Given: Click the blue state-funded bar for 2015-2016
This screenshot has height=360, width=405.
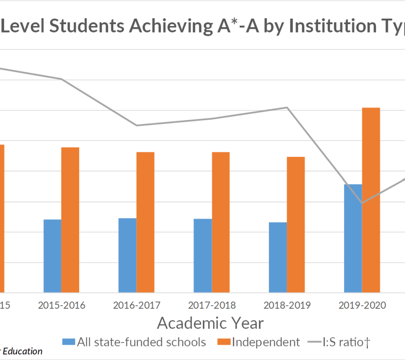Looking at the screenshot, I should (x=53, y=256).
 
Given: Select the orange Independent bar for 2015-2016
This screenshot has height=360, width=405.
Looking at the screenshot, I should (x=70, y=220).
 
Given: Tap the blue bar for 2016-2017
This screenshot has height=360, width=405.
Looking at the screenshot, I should (x=128, y=255).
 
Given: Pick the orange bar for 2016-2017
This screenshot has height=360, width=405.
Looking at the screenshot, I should (x=145, y=222).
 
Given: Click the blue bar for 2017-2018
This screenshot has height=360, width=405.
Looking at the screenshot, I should (x=202, y=256).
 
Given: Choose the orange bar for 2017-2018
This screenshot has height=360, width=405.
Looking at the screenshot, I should (x=221, y=222).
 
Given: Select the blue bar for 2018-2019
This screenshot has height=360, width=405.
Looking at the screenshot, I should (x=278, y=257).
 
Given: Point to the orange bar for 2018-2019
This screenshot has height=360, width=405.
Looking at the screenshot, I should (x=296, y=224).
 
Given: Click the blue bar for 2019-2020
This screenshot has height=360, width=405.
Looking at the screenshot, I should (x=353, y=238).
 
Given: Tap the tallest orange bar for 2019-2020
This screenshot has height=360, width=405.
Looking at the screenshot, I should (x=371, y=200).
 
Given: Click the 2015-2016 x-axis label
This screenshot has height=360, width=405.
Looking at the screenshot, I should (x=61, y=306).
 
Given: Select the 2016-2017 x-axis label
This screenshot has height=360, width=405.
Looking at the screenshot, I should (x=137, y=306).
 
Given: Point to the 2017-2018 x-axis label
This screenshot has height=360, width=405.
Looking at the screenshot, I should (x=212, y=306).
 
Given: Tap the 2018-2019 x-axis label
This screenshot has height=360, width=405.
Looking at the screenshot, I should (x=287, y=306).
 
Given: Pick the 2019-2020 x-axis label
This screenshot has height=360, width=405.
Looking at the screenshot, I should (x=362, y=306).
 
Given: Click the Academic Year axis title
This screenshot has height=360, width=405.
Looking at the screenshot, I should (x=210, y=323).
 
